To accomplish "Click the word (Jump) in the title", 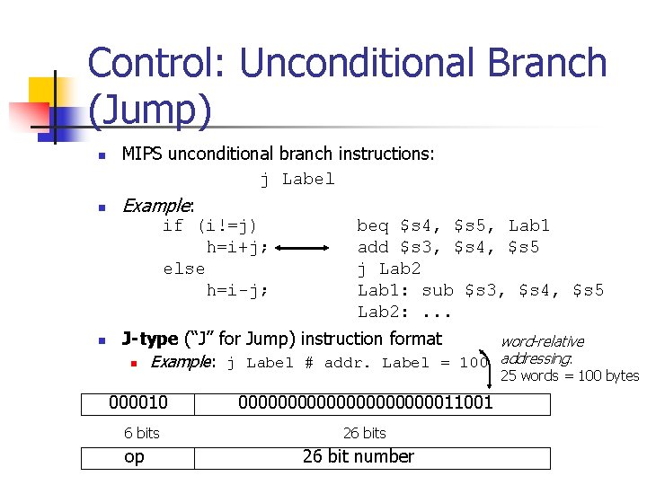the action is coord(150,110).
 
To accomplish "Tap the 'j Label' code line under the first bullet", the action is coord(297,179).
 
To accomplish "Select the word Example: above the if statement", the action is coord(158,206).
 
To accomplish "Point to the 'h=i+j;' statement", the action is coord(237,247).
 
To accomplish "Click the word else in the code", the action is coord(184,269).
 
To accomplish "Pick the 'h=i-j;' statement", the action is coord(237,290).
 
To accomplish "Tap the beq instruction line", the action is coord(453,225).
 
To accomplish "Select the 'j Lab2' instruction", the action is coord(389,269).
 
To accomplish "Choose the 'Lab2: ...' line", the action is coord(406,312).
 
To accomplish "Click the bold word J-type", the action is coord(149,339).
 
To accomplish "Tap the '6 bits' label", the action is coord(142,433).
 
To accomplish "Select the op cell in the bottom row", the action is coord(134,457).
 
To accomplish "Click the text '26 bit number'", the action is coord(359,457).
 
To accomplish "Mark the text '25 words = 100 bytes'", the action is coord(570,375).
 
